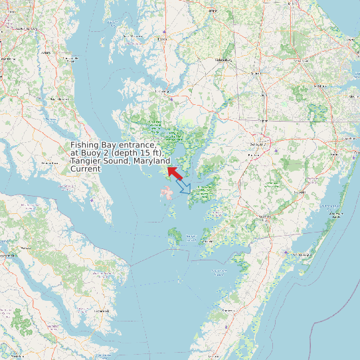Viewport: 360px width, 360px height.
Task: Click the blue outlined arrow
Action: click(185, 188)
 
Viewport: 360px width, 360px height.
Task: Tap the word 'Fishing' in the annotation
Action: click(86, 145)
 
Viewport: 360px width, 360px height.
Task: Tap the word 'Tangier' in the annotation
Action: click(86, 161)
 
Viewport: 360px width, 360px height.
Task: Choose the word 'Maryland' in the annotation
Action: click(151, 161)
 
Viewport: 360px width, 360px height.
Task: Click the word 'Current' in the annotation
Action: click(86, 169)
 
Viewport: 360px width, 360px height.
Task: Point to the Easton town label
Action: click(161, 39)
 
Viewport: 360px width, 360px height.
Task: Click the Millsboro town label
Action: click(321, 86)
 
